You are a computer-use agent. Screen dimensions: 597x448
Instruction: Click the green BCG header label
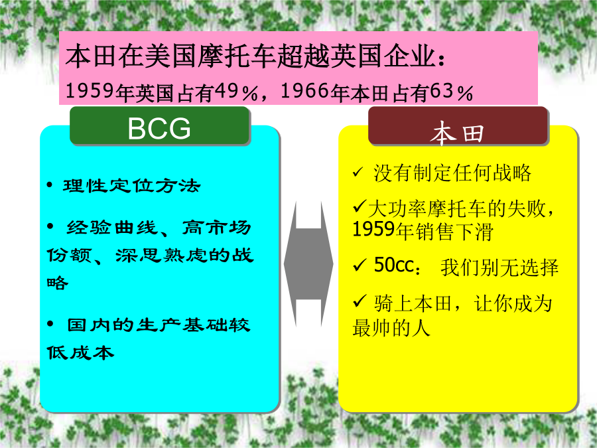pos(159,125)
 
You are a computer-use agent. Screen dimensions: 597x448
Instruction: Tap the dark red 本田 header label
pos(458,125)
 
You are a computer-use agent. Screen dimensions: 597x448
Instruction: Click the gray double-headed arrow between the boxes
pos(308,263)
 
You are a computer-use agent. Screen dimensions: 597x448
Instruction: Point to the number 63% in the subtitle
pos(452,92)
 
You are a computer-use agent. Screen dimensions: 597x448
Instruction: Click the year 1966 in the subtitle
pos(304,92)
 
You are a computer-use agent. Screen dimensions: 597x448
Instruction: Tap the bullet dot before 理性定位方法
pos(50,186)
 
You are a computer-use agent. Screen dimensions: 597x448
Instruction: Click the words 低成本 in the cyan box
pos(80,352)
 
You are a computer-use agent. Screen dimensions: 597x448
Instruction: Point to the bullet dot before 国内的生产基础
pos(50,324)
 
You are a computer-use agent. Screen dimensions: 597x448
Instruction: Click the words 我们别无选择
pos(499,267)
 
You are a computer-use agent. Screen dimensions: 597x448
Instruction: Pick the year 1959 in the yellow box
pos(373,230)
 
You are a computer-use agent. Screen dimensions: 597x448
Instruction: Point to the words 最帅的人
pos(392,328)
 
